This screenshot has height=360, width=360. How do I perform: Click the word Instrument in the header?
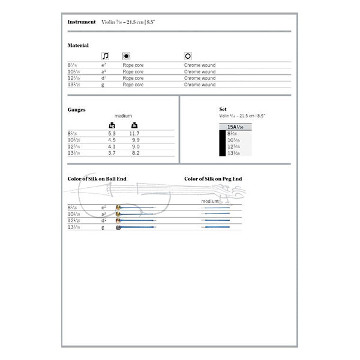coord(82,22)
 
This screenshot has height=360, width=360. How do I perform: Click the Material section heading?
coord(78,46)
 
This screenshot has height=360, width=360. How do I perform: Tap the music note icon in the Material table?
coord(106,56)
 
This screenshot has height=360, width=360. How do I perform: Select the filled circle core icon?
coord(126,56)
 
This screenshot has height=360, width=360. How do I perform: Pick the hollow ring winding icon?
coord(188,56)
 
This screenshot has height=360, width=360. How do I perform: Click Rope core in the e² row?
coord(133,65)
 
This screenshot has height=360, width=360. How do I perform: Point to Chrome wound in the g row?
coord(200,85)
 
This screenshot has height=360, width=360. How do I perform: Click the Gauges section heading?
coord(77,110)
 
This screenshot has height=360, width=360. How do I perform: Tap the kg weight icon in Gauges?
coord(112,125)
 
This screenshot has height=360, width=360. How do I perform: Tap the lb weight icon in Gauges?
coord(134,125)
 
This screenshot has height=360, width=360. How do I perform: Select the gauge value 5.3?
coord(112,133)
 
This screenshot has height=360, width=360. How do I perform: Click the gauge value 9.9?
coord(135,139)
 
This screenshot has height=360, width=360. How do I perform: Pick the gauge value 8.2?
coord(135,153)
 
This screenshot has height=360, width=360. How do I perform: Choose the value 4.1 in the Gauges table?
coord(112,146)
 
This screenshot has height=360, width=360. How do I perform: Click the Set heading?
coord(223,109)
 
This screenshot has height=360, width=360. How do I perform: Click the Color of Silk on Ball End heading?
coord(97,179)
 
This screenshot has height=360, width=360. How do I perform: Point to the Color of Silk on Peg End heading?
coord(213,179)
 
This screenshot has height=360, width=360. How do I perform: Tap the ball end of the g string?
coord(119,227)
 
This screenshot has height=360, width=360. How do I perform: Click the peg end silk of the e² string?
coord(216,208)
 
